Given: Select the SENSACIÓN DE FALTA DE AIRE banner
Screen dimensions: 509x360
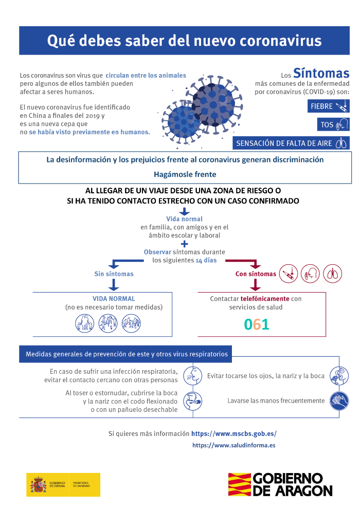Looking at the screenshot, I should [291, 143].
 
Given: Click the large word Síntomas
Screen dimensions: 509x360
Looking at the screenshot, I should [321, 73].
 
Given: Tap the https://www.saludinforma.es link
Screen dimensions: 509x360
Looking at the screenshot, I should [233, 445].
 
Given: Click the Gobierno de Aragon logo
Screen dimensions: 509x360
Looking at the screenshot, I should [280, 484].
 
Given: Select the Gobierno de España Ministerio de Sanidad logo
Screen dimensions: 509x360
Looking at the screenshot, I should [63, 484].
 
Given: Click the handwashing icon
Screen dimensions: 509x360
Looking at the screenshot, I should [339, 400].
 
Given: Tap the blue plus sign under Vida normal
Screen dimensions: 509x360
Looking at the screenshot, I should [185, 244].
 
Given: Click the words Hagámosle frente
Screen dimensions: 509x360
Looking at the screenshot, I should [185, 174].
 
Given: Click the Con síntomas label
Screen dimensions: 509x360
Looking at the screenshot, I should [256, 274].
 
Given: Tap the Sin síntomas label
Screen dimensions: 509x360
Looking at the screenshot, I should [114, 274].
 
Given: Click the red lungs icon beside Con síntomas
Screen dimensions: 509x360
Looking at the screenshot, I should [334, 273].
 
